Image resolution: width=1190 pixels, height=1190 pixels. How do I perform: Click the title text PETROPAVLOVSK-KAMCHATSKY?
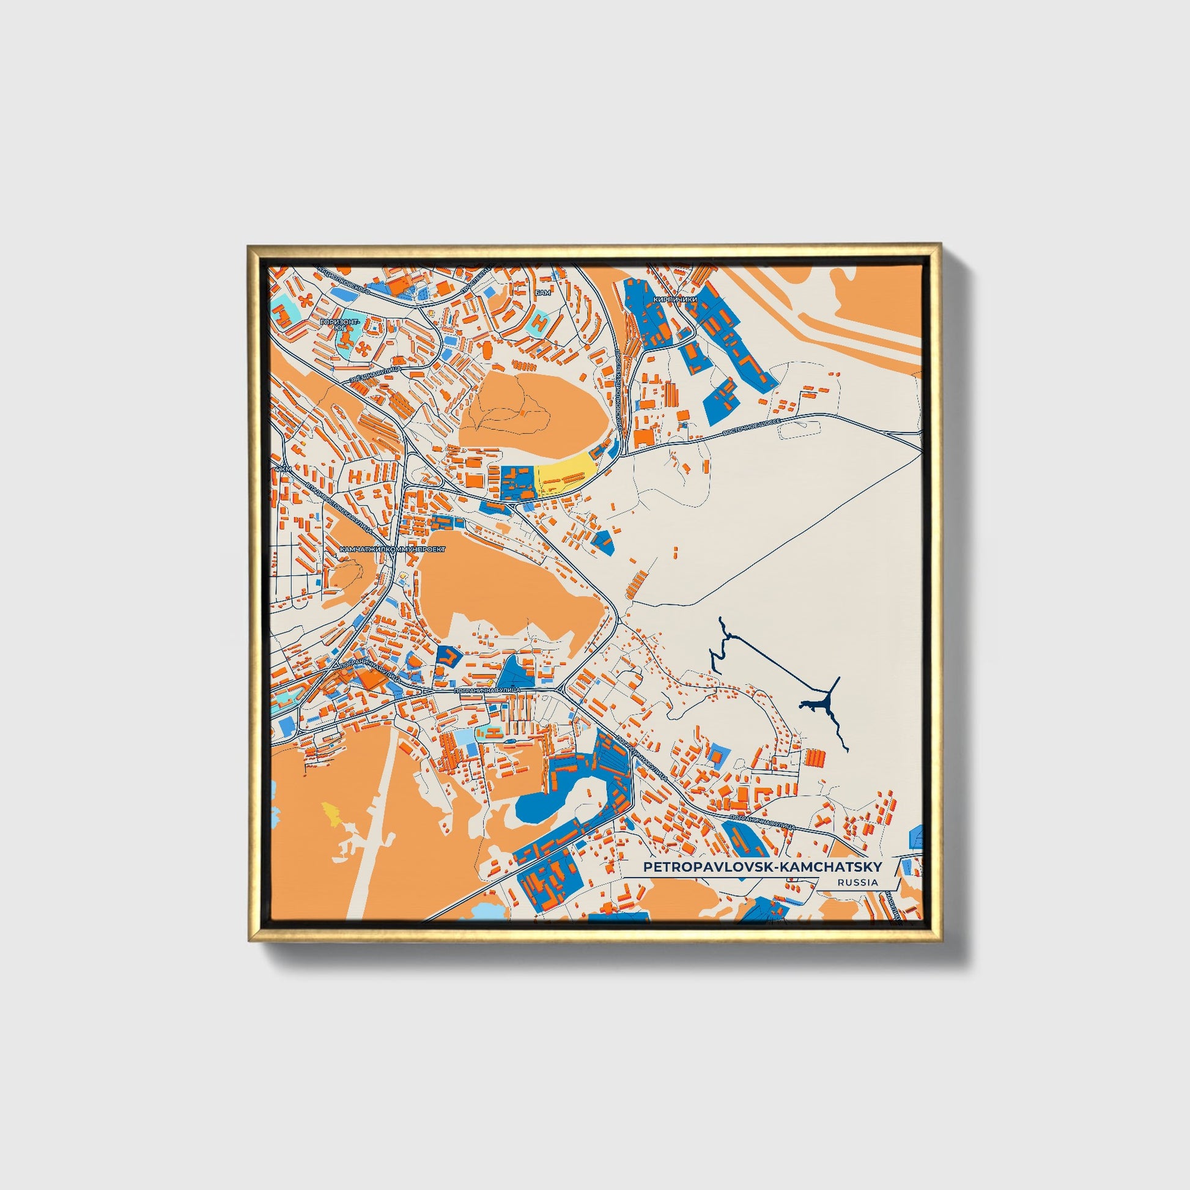(x=762, y=867)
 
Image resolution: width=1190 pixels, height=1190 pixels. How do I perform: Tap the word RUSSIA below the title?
(x=857, y=882)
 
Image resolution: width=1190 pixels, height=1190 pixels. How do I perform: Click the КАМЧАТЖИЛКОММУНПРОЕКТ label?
(x=392, y=547)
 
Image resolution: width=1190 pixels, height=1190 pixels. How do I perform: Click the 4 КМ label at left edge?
(x=282, y=470)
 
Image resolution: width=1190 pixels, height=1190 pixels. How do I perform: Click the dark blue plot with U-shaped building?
(x=448, y=659)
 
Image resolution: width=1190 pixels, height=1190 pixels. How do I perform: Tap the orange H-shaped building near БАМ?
(x=540, y=322)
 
